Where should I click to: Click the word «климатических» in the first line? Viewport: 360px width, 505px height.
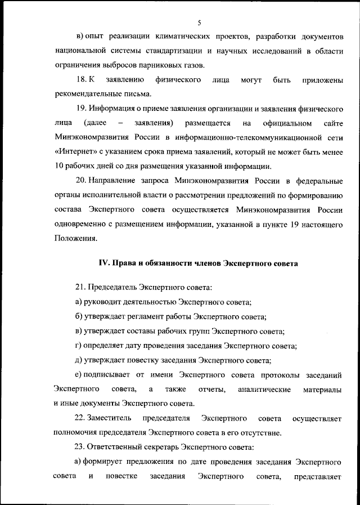tap(166, 37)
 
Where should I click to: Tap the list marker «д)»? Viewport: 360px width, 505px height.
tap(79, 360)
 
